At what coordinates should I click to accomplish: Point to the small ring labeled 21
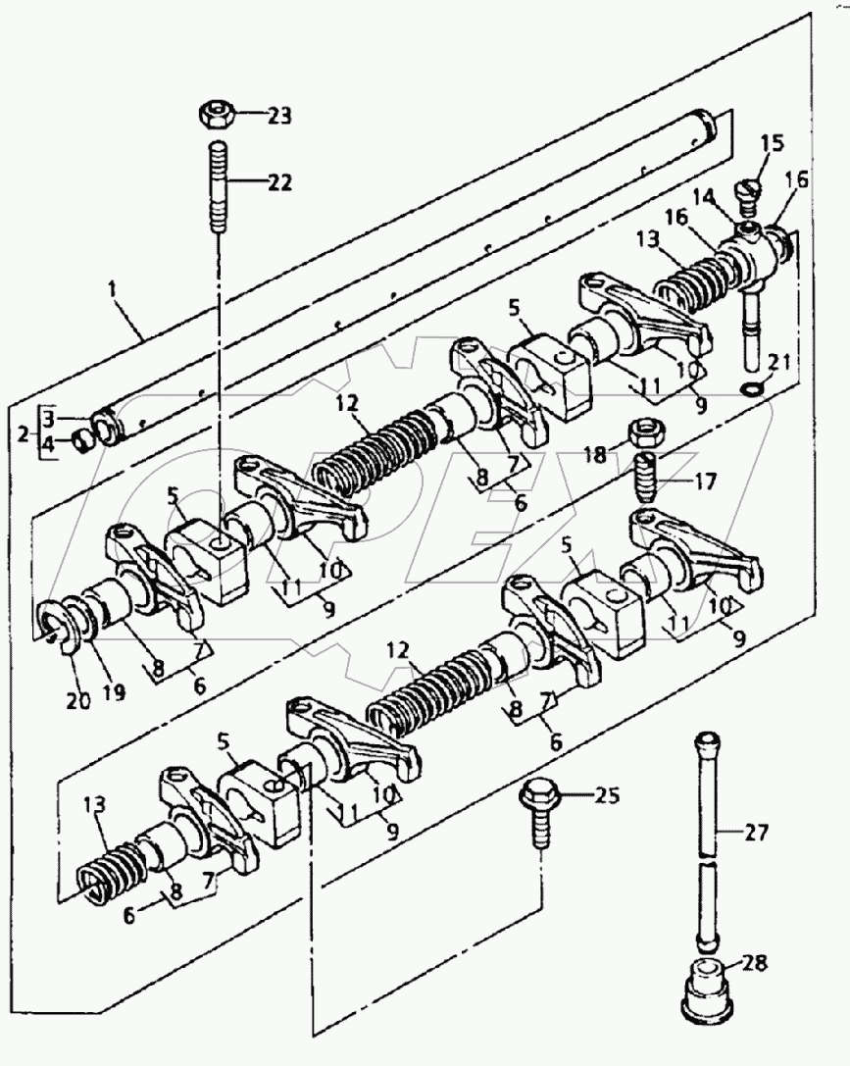[749, 390]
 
